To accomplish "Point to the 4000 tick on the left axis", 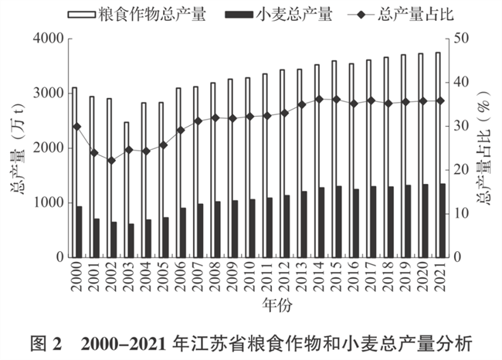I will [48, 39].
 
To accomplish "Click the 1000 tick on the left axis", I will [48, 202].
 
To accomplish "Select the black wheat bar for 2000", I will [79, 231].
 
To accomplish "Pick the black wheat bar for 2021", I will [443, 220].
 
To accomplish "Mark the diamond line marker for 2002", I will [112, 161].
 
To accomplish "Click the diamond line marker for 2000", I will [77, 127].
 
